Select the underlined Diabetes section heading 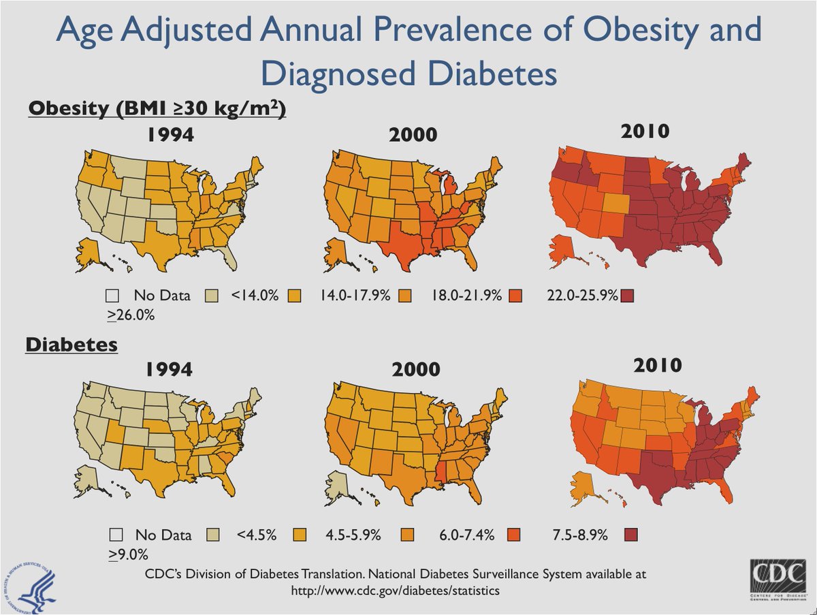click(71, 345)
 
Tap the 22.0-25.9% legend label click(582, 296)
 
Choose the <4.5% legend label click(256, 535)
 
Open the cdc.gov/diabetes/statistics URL click(395, 590)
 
